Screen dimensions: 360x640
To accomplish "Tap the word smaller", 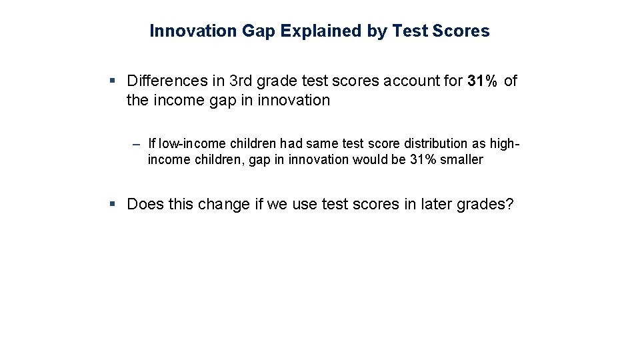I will (x=461, y=160).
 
